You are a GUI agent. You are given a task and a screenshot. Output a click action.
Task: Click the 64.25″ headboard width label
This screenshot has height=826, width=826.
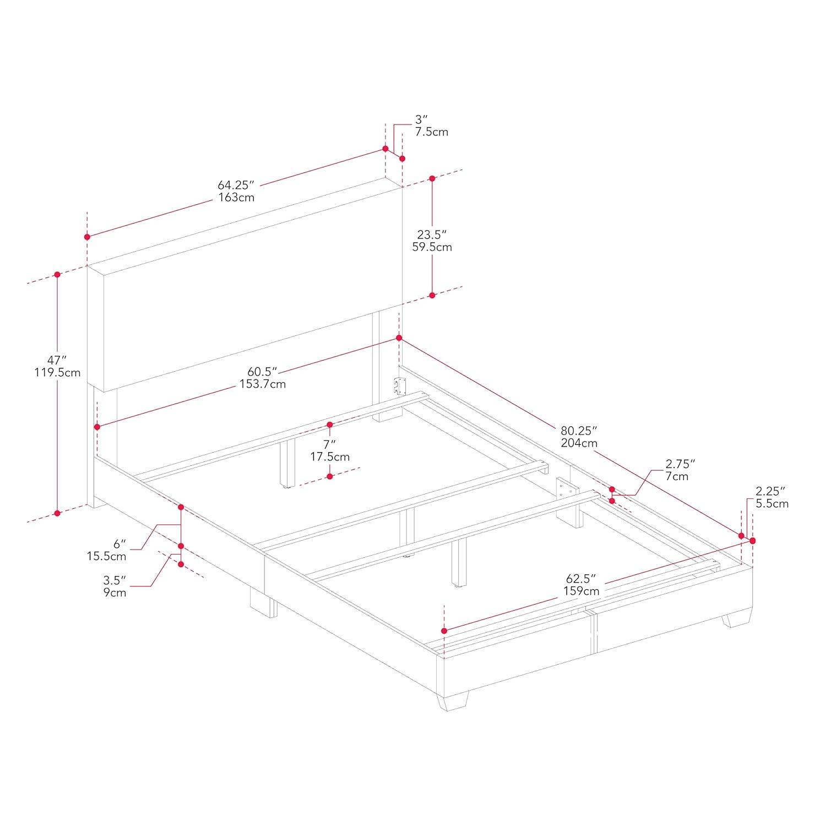pyautogui.click(x=236, y=184)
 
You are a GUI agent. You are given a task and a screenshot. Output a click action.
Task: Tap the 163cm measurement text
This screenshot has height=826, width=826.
pyautogui.click(x=236, y=197)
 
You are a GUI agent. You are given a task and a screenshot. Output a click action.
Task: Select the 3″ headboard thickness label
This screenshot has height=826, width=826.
pyautogui.click(x=421, y=119)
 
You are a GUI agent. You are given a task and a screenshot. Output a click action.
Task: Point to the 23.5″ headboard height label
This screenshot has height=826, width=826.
pyautogui.click(x=432, y=234)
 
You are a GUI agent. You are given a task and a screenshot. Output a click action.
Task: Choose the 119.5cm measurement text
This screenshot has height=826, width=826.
pyautogui.click(x=57, y=373)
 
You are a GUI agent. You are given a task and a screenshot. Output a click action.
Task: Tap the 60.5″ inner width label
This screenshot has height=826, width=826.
pyautogui.click(x=262, y=372)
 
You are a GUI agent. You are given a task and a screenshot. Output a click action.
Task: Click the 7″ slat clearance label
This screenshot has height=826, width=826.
pyautogui.click(x=329, y=444)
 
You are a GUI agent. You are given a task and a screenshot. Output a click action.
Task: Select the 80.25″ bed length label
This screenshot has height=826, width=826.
pyautogui.click(x=579, y=430)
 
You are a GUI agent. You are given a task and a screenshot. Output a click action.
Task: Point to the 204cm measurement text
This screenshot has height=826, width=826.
pyautogui.click(x=579, y=443)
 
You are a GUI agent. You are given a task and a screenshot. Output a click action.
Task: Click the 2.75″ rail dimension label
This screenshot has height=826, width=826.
pyautogui.click(x=681, y=464)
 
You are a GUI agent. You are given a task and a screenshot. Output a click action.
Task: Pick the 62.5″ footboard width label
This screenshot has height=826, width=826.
pyautogui.click(x=582, y=579)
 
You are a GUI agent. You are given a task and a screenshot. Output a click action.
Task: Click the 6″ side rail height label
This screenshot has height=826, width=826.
pyautogui.click(x=119, y=544)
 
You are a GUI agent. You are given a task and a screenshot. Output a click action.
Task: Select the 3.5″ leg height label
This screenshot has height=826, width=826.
pyautogui.click(x=115, y=580)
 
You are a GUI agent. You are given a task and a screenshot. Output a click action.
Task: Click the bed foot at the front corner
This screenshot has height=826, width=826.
pyautogui.click(x=453, y=701)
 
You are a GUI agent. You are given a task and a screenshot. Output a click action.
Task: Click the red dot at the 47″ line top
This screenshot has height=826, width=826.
pyautogui.click(x=57, y=274)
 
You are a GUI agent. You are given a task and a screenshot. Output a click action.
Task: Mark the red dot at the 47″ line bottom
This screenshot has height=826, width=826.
pyautogui.click(x=57, y=513)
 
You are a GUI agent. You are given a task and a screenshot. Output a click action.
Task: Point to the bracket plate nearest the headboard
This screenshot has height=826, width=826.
pyautogui.click(x=399, y=386)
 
